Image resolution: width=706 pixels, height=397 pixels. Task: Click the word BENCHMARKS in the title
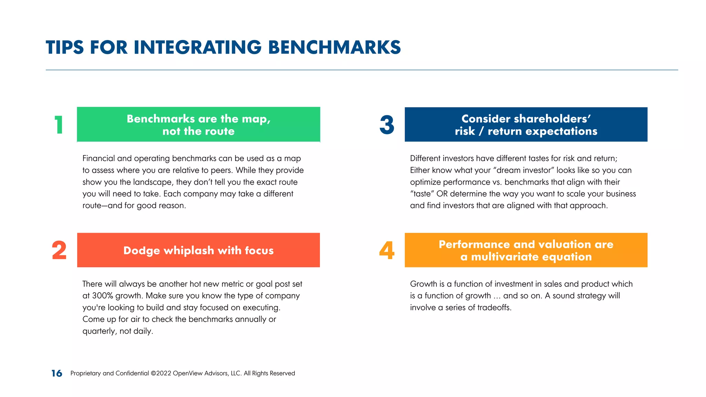coord(334,48)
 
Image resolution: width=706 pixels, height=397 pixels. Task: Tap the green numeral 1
coord(59,125)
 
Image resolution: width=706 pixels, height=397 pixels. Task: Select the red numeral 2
coord(59,251)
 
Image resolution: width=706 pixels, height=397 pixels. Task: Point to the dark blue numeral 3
coord(387,125)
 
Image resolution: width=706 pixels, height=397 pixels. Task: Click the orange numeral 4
coord(387,251)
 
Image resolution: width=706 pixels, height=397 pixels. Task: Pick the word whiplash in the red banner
coord(189,251)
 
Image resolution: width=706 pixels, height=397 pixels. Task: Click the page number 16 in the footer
coord(57,373)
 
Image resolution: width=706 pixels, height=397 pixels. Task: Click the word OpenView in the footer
coord(188,373)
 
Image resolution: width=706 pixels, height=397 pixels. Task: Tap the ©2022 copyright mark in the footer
coord(161,373)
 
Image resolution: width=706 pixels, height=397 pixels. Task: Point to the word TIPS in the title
coord(65,48)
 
